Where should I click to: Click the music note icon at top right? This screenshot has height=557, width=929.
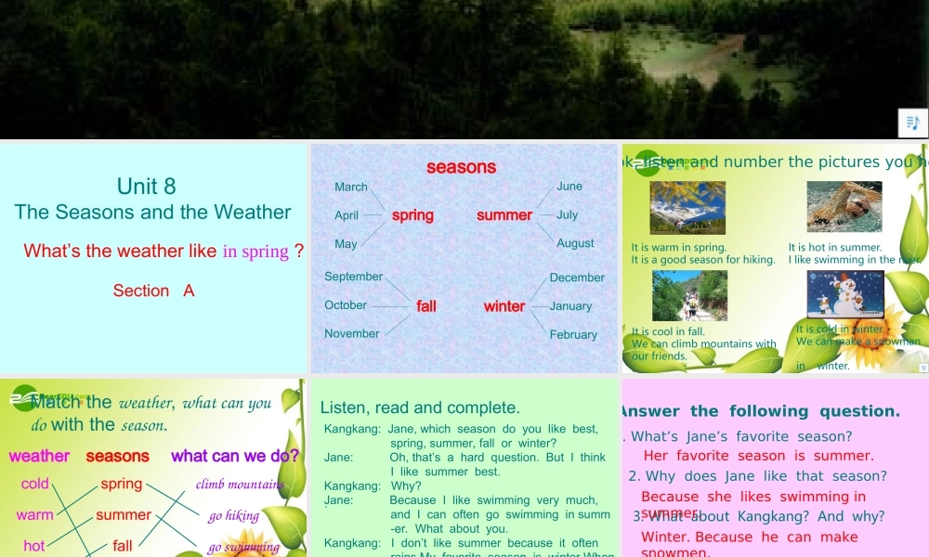pos(912,123)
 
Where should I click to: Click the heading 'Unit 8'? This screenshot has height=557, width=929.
pos(147,186)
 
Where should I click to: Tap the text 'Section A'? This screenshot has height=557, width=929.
pos(153,291)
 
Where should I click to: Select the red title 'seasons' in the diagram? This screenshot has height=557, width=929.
pos(461,167)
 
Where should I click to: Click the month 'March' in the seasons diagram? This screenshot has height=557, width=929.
pos(351,187)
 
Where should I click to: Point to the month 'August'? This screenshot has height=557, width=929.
pos(575,243)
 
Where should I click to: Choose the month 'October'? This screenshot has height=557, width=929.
pos(346,304)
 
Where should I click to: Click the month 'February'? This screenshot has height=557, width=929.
pos(573,334)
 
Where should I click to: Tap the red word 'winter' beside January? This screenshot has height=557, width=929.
pos(504,305)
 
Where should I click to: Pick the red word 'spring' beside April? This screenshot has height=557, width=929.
pos(412,214)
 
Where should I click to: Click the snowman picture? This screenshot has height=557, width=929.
pos(844,295)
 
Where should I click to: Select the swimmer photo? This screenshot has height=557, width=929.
pos(844,206)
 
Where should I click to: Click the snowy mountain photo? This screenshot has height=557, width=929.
pos(687,206)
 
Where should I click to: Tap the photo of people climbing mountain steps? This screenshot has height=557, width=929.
pos(688,295)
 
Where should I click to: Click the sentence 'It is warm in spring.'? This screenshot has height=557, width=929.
pos(678,248)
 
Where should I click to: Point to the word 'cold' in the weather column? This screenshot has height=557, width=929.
pos(35,484)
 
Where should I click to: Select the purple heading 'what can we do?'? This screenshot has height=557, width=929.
pos(235,456)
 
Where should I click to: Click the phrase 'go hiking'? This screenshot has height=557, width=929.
pos(234,515)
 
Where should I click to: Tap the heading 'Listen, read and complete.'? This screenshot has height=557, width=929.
pos(420,408)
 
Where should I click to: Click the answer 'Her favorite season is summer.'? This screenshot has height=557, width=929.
pos(758,456)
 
